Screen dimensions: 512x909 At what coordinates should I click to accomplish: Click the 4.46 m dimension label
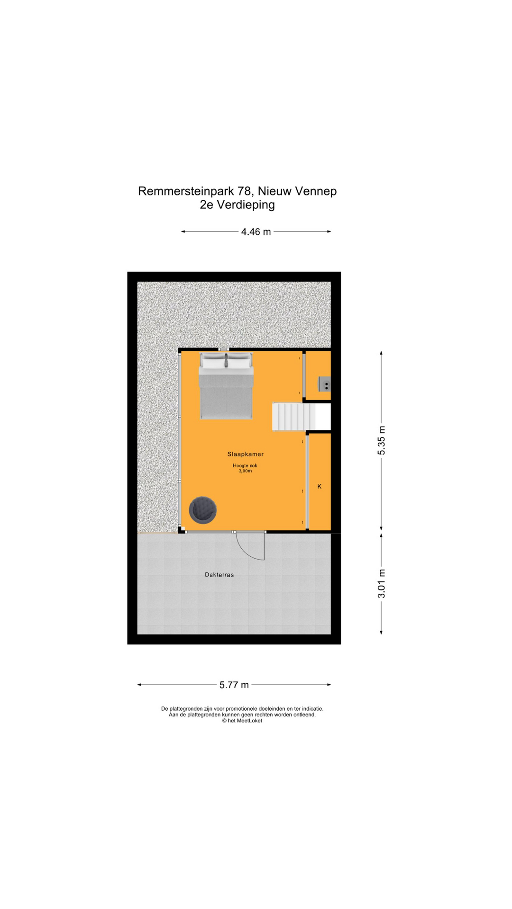tap(256, 232)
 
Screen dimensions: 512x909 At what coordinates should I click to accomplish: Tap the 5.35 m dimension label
tap(382, 441)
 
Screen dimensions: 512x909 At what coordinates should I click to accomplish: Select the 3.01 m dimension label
tap(382, 584)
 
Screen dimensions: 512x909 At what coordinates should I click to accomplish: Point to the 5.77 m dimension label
tap(234, 685)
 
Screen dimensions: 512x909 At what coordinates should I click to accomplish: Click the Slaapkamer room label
tap(245, 454)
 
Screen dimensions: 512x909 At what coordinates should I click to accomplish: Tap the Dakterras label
tap(219, 575)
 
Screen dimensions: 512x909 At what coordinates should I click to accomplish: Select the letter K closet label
tap(320, 486)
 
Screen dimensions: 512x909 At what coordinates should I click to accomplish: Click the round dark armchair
tap(203, 510)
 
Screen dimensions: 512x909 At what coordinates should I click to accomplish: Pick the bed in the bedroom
tap(226, 386)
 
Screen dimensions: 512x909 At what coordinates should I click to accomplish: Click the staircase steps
tap(294, 417)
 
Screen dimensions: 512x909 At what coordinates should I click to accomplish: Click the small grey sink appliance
tap(325, 384)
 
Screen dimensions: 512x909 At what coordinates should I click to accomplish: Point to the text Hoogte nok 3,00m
tap(245, 468)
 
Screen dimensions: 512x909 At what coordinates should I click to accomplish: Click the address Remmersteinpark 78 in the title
tap(195, 191)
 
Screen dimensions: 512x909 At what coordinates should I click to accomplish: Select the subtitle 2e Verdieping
tap(238, 205)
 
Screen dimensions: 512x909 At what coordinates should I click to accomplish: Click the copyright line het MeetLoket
tap(242, 721)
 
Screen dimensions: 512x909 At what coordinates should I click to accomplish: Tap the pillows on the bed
tap(225, 361)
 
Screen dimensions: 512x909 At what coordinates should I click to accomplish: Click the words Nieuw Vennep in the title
tap(297, 191)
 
